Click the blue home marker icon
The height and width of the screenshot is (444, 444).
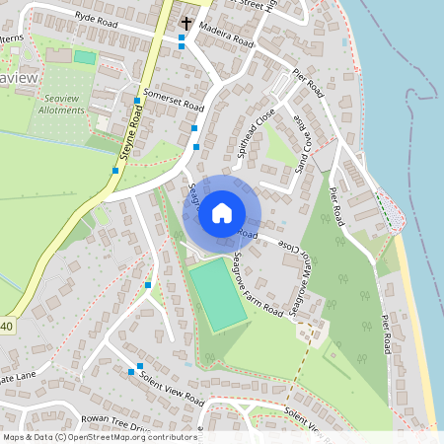(222, 212)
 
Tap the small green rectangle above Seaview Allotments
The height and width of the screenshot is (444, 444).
(85, 57)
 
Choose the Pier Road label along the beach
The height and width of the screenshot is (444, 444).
(388, 335)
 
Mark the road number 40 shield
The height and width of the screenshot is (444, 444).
(6, 326)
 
